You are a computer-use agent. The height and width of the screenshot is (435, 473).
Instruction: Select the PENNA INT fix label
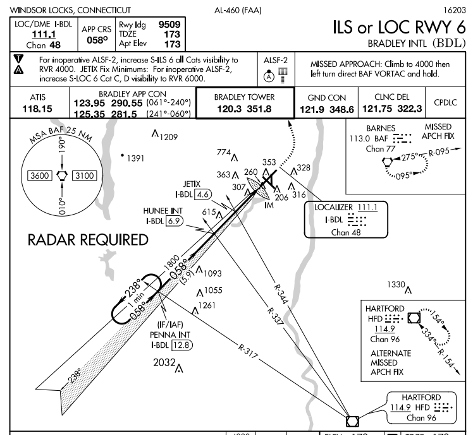tap(166, 335)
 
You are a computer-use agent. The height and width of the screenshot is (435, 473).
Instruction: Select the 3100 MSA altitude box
tap(84, 176)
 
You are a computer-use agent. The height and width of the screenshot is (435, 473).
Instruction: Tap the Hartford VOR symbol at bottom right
tap(352, 420)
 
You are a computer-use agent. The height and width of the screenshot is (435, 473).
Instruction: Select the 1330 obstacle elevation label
tap(396, 285)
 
